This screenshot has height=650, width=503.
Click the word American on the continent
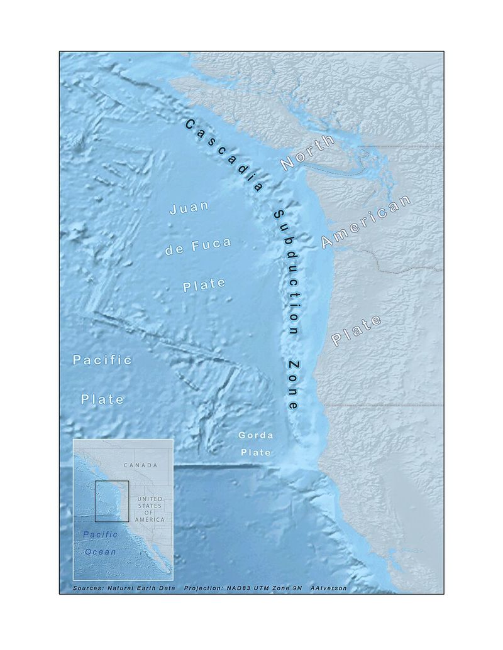(x=366, y=221)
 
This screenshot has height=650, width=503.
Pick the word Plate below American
(x=357, y=331)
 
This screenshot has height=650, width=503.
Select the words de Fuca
(x=197, y=246)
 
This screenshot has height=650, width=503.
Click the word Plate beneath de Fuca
(x=204, y=284)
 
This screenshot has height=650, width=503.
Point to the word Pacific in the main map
(x=102, y=360)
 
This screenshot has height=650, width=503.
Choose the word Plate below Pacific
(x=102, y=399)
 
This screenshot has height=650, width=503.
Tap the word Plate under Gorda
(x=255, y=452)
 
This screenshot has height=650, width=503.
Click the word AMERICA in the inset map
(x=150, y=520)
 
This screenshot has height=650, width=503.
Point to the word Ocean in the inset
(x=101, y=552)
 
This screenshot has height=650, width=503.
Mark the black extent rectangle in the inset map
(x=112, y=501)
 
